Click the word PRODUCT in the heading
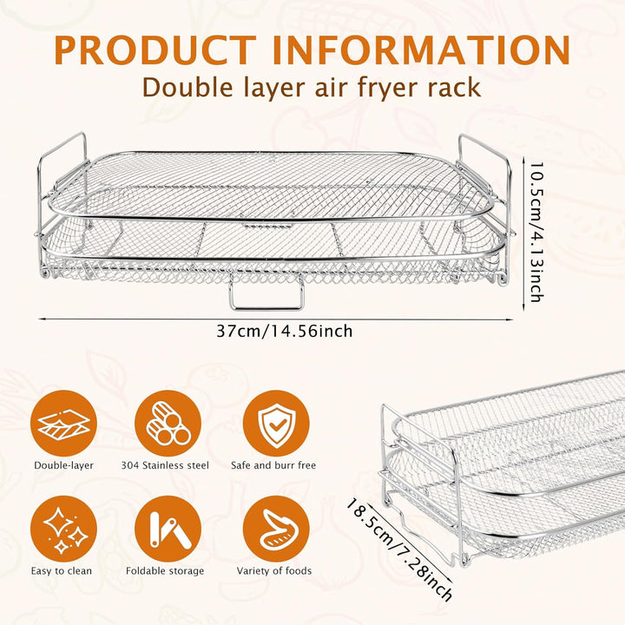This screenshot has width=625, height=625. (155, 50)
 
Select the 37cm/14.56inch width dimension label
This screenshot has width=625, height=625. (285, 331)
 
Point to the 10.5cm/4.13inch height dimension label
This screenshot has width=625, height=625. (536, 232)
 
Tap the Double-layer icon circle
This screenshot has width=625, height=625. (63, 424)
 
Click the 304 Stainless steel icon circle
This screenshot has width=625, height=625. (168, 424)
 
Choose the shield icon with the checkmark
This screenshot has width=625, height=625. (276, 424)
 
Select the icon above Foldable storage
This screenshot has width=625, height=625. (168, 529)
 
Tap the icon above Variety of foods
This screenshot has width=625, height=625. (276, 529)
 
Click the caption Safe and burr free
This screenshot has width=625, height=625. (273, 465)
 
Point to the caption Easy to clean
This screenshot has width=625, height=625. (62, 571)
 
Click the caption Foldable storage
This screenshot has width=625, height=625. (165, 571)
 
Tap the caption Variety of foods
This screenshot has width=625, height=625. (274, 571)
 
